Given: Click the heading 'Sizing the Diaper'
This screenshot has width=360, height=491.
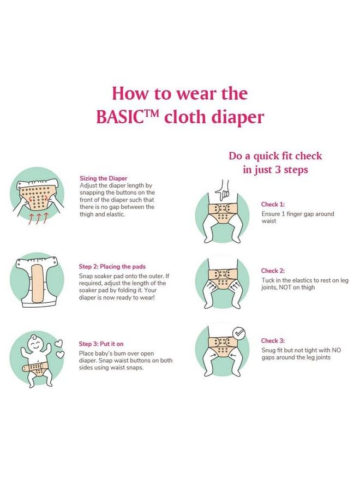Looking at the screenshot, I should tap(104, 178).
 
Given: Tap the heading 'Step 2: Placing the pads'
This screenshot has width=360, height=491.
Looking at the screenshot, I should tap(112, 267).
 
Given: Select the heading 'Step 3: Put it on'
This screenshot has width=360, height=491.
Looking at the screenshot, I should tap(101, 344).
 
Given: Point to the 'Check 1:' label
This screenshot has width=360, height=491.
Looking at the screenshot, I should tap(273, 205).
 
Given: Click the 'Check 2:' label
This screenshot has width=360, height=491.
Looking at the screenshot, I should tap(273, 271).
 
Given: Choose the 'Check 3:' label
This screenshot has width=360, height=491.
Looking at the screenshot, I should tap(273, 340).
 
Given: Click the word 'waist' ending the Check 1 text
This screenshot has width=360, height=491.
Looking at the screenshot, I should tap(268, 221).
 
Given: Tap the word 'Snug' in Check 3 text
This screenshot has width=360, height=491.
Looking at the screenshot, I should tap(268, 350).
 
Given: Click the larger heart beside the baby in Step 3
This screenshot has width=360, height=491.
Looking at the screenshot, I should tap(59, 344).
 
